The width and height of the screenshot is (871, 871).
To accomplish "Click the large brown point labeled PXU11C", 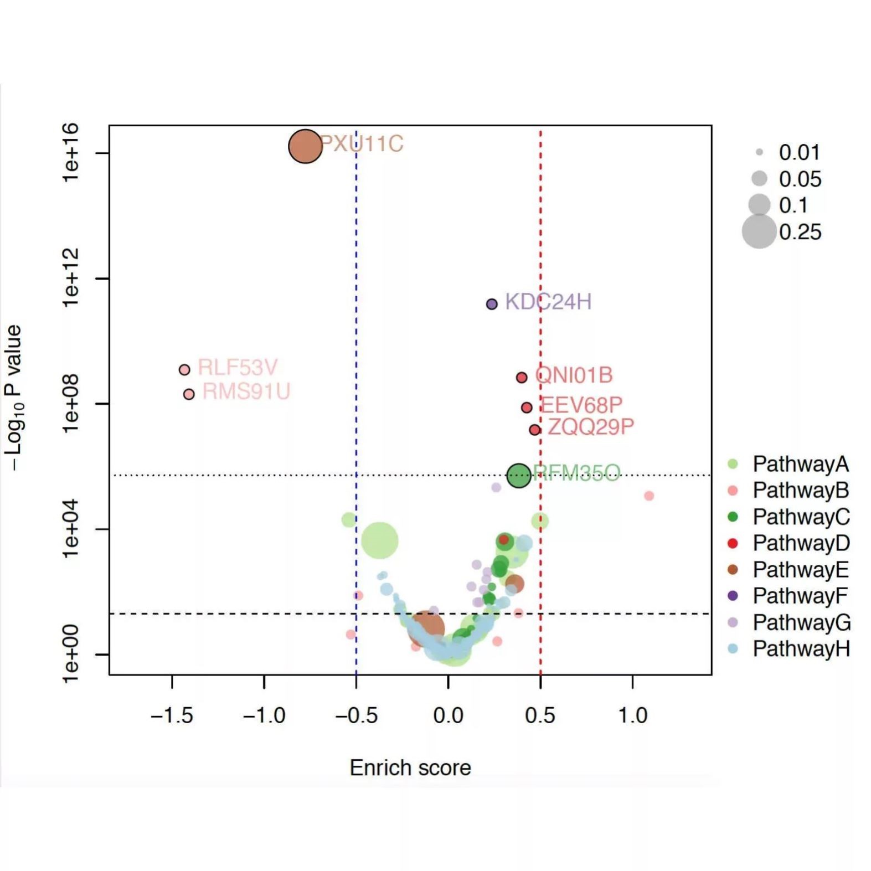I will (x=305, y=146).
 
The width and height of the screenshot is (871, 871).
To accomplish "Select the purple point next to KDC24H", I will (x=492, y=304).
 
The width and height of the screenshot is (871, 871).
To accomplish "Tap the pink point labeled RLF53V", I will (x=184, y=369).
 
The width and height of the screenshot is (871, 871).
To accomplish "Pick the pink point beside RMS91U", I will (x=189, y=394).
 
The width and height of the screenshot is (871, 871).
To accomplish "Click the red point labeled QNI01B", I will (x=522, y=378).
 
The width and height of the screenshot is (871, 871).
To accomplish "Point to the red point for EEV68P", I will (x=527, y=408).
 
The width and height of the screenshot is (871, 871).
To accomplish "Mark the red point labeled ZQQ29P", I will (x=534, y=430).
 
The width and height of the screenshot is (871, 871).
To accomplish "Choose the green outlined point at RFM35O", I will (x=518, y=475).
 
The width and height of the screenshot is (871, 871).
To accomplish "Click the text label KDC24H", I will (x=548, y=302).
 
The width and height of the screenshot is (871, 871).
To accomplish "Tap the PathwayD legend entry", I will (x=801, y=543).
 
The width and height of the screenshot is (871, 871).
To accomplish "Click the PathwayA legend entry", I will (x=800, y=464).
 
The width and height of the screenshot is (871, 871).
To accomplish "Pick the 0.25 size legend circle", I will (x=759, y=231).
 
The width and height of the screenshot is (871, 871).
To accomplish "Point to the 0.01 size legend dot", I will (x=759, y=152).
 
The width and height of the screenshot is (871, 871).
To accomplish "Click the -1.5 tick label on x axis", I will (x=172, y=715).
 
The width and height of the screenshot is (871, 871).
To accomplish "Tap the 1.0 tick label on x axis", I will (x=632, y=715).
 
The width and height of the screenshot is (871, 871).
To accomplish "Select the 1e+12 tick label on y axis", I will (x=71, y=278).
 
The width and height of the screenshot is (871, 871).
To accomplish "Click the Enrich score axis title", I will (x=410, y=767).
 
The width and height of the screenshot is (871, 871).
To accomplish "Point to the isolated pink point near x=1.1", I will (x=649, y=496).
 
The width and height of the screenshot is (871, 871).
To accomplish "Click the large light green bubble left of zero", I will (x=379, y=540).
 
